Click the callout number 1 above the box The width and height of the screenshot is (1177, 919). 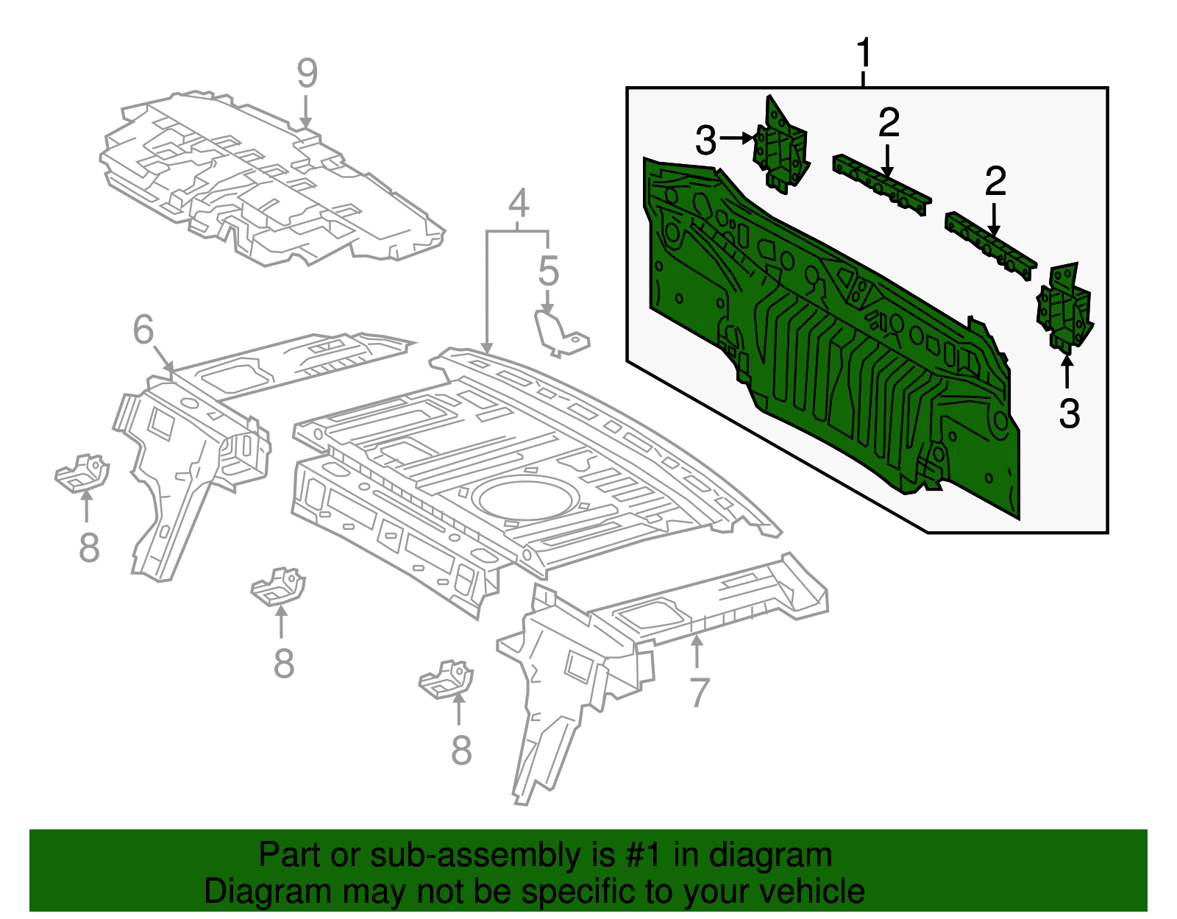pyautogui.click(x=864, y=53)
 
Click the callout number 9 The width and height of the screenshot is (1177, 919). pyautogui.click(x=307, y=74)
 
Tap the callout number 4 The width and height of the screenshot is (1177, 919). pyautogui.click(x=519, y=203)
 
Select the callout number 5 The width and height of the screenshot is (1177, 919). pyautogui.click(x=549, y=271)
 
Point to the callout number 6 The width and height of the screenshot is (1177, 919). pyautogui.click(x=143, y=329)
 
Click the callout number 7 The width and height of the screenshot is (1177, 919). pyautogui.click(x=699, y=692)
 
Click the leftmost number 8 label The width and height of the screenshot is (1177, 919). pyautogui.click(x=89, y=548)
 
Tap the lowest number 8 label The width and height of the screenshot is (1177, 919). pyautogui.click(x=461, y=751)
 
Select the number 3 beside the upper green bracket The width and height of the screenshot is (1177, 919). pyautogui.click(x=705, y=141)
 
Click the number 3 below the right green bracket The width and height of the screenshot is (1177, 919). pyautogui.click(x=1069, y=414)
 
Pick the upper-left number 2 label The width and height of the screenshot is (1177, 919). pyautogui.click(x=889, y=123)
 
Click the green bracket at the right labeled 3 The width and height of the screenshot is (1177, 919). pyautogui.click(x=1064, y=305)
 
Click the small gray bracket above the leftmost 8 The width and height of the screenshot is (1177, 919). pyautogui.click(x=82, y=472)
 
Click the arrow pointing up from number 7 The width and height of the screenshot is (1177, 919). pyautogui.click(x=697, y=651)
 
